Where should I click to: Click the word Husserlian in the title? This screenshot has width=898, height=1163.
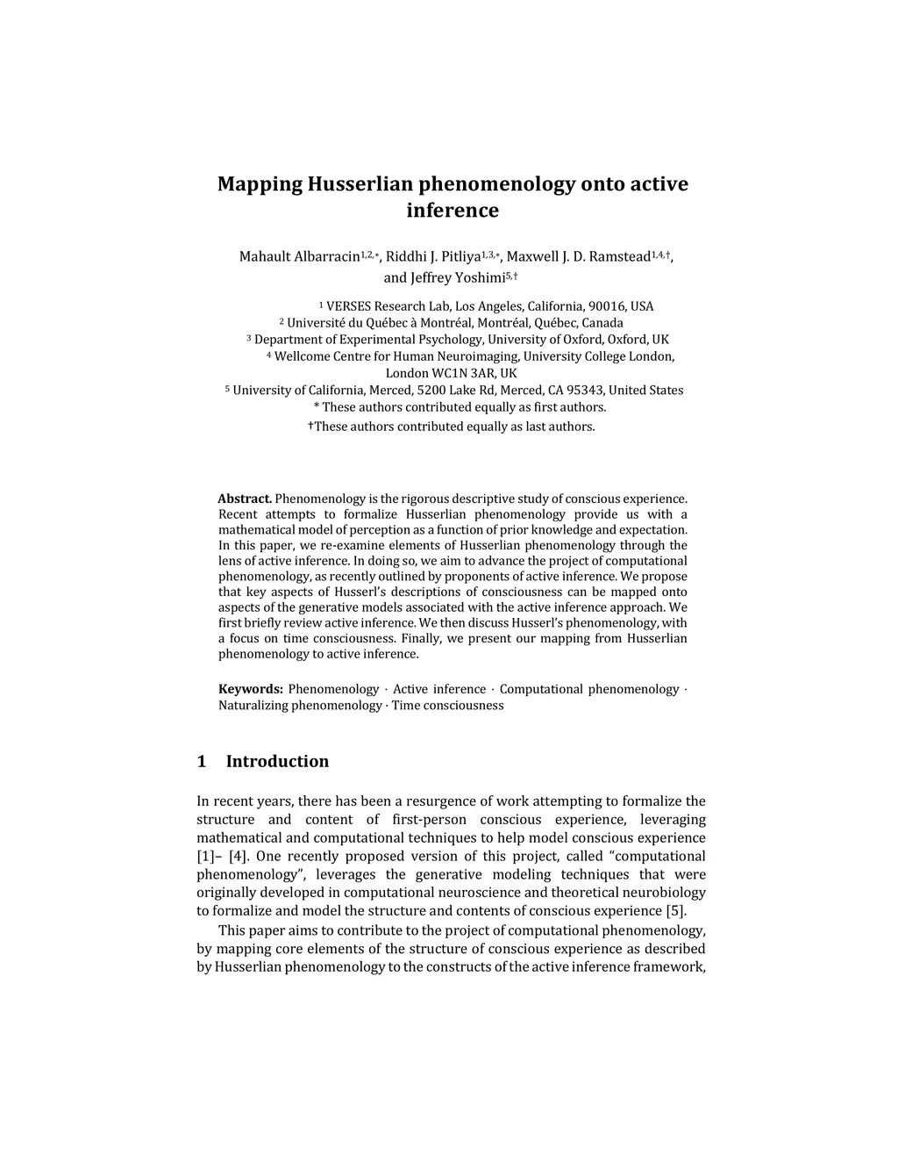point(360,184)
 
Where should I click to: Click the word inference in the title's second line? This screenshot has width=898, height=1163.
point(453,211)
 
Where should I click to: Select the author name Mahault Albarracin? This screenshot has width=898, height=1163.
point(299,257)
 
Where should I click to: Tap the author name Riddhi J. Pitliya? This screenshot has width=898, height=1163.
point(433,257)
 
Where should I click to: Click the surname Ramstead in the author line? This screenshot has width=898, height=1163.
point(620,257)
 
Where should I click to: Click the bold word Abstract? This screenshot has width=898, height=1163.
point(245,499)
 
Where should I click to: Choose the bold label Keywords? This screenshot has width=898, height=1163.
point(250,690)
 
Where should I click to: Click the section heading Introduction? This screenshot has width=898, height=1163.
point(277,762)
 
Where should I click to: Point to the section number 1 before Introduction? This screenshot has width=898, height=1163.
point(202,762)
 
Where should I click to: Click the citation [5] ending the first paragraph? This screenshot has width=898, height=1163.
point(676,911)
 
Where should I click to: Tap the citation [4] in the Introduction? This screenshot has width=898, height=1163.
point(238,857)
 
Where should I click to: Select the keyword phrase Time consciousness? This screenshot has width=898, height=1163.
point(447,706)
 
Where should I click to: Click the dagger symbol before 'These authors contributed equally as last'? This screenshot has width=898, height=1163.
point(310,426)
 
